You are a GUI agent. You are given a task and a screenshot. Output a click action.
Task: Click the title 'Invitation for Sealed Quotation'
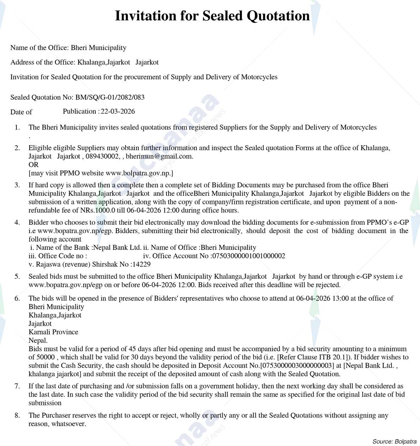click(x=212, y=16)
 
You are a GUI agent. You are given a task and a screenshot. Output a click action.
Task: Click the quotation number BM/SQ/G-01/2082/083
click(x=110, y=97)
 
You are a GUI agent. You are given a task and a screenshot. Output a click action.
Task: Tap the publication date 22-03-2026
click(x=118, y=111)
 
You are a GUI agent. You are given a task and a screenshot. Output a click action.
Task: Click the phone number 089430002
click(x=102, y=156)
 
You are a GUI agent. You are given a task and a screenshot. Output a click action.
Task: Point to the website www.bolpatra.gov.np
click(x=138, y=173)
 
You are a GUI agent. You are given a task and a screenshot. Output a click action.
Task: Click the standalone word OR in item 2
click(x=33, y=164)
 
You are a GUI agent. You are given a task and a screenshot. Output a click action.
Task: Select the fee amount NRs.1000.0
click(x=95, y=210)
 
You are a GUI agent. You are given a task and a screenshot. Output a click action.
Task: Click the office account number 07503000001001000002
click(x=249, y=256)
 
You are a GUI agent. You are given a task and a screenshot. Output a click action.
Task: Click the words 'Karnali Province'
click(x=53, y=332)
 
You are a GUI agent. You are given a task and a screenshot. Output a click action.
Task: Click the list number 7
click(x=17, y=386)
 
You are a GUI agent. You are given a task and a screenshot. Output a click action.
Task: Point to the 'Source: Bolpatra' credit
click(x=394, y=441)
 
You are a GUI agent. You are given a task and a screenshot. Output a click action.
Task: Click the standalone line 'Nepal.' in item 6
click(x=38, y=340)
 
